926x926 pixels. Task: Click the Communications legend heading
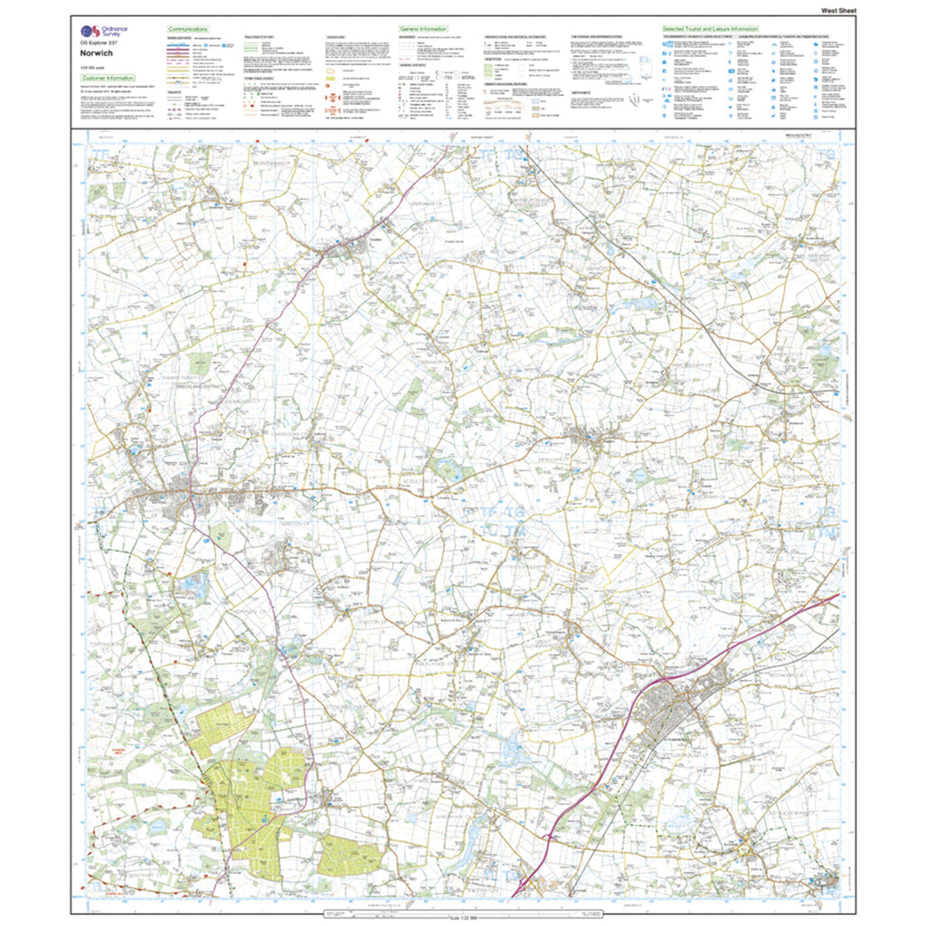coord(188,29)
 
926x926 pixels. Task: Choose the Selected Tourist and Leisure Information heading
coord(711,29)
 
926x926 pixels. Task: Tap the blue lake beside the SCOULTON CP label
coord(445,468)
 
